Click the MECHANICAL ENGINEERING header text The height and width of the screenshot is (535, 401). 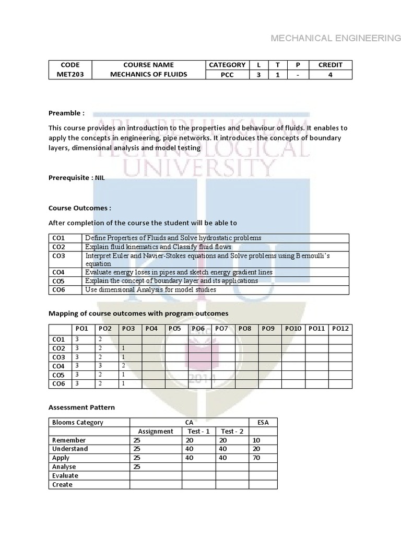336,38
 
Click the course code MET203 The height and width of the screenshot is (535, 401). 70,74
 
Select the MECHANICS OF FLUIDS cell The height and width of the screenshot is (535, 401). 148,74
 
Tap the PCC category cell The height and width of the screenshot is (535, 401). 227,74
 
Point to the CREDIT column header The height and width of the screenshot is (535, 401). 331,65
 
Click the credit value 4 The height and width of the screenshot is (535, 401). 331,74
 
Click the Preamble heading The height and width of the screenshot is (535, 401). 66,113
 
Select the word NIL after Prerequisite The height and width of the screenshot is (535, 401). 100,178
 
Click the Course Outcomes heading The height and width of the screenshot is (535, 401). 80,207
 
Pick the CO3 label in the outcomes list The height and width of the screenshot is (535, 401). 58,255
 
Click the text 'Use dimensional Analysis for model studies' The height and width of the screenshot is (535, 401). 150,289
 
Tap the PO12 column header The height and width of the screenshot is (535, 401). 340,329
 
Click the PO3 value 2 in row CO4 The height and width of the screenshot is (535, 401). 123,366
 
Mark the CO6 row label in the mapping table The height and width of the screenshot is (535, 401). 58,383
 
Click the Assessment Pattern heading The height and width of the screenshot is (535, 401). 81,407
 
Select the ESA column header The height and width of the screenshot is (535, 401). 263,422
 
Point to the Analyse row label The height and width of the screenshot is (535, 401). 64,467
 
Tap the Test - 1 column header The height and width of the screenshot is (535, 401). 198,431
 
